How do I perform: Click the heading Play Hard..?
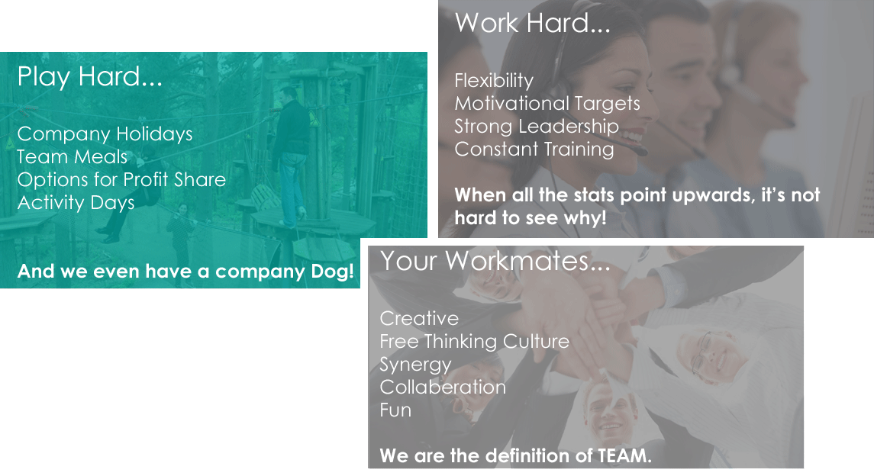click(x=90, y=77)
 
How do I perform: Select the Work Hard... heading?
click(x=532, y=24)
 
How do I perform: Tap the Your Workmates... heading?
click(x=495, y=261)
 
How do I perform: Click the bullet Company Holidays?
click(x=105, y=134)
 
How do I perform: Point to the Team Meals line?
click(x=73, y=157)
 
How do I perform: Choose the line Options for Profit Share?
click(x=121, y=180)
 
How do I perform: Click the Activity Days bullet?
click(x=76, y=203)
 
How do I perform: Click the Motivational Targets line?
click(x=547, y=104)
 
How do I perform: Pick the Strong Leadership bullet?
click(x=537, y=127)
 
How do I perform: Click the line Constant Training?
click(x=534, y=150)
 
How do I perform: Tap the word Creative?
click(x=419, y=318)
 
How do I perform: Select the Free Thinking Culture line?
click(x=474, y=341)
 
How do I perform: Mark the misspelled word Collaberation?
click(x=443, y=387)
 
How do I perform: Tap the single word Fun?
click(x=395, y=410)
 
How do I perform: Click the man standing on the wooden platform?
click(x=291, y=157)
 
